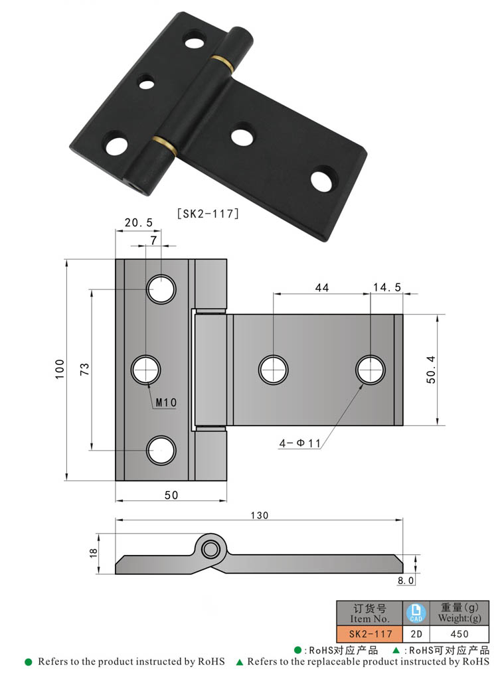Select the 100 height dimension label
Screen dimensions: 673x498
coord(58,369)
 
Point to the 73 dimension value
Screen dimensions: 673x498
coord(84,370)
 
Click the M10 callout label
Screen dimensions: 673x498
coord(165,402)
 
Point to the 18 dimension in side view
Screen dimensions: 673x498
coord(93,552)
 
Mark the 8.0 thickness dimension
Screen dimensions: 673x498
coord(406,580)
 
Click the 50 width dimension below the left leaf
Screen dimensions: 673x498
coord(171,494)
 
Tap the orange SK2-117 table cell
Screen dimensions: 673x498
coord(369,634)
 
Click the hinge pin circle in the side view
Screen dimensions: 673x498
coord(211,548)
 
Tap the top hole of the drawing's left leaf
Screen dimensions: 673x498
coord(161,289)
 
